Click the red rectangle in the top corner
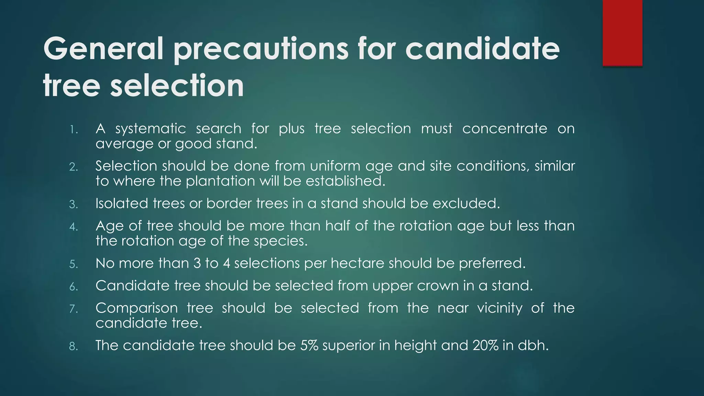[x=622, y=33]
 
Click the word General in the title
[x=103, y=49]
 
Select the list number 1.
[x=74, y=130]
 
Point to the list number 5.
[x=74, y=264]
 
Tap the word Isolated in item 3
[x=121, y=203]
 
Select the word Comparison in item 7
[x=136, y=308]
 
